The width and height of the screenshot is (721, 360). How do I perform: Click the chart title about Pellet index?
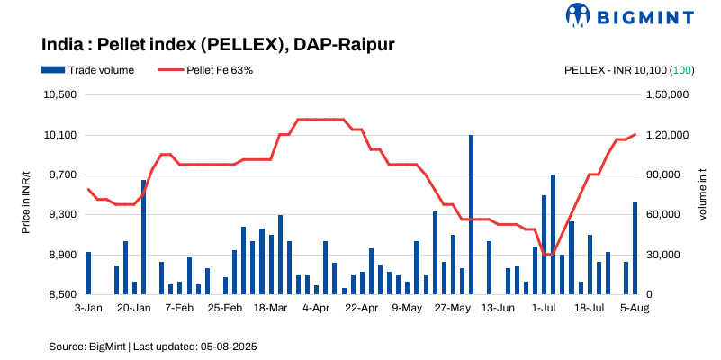coord(218,44)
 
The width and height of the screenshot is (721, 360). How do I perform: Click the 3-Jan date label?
coord(87,308)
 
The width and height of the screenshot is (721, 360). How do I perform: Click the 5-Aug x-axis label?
coord(635,308)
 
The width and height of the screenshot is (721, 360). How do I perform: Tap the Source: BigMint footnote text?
coord(154,346)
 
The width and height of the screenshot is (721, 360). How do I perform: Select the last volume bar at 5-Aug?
coord(635,247)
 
